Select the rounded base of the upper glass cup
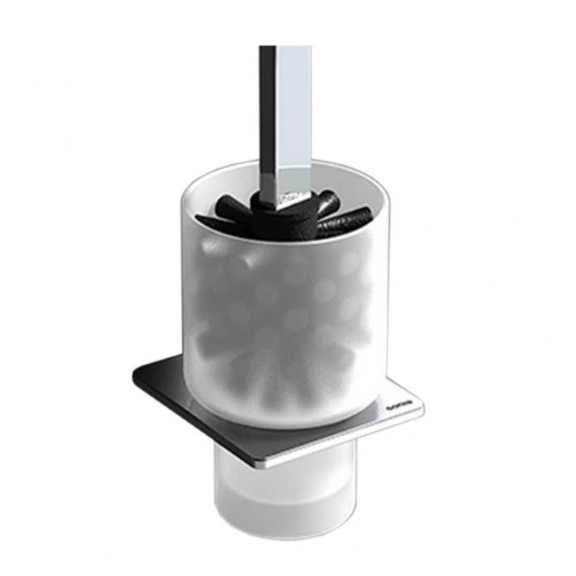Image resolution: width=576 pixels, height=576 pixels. pyautogui.click(x=289, y=420)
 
